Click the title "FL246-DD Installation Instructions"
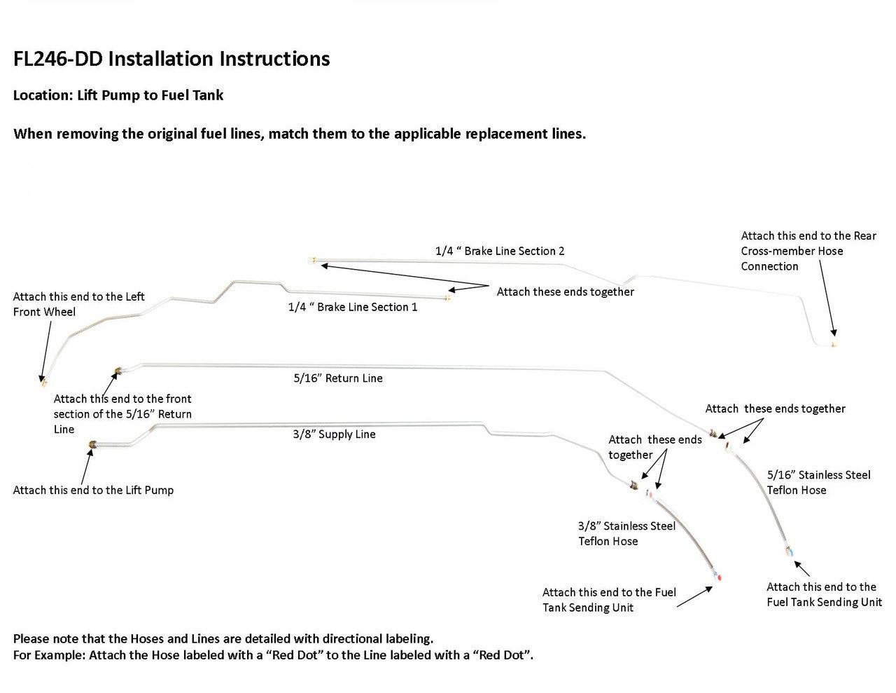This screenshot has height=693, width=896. click(171, 59)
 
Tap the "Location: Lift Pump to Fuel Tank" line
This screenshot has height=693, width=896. click(118, 95)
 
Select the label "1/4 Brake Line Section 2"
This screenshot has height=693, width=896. click(500, 251)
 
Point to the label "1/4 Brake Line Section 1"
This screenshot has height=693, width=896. click(353, 307)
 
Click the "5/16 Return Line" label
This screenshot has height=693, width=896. click(338, 378)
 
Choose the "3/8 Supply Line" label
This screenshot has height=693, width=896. click(334, 434)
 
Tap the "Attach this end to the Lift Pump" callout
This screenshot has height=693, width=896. click(93, 490)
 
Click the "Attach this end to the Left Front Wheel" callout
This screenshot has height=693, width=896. click(78, 304)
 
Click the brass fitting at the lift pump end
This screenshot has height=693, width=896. click(94, 444)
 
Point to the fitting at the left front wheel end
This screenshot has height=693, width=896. click(43, 383)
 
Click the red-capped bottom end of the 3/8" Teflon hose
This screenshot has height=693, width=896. click(720, 577)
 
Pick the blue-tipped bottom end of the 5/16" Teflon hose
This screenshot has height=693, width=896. click(789, 551)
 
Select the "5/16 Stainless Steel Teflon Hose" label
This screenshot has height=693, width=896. click(818, 483)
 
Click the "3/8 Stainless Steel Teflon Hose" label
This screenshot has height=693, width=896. click(626, 533)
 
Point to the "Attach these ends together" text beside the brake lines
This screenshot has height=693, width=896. click(565, 291)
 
